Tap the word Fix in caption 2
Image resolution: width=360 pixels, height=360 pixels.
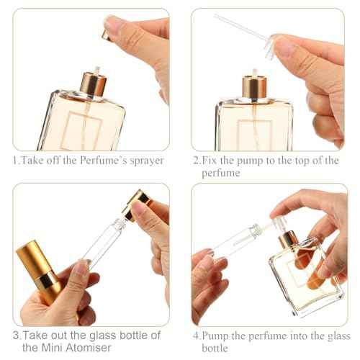point(213,161)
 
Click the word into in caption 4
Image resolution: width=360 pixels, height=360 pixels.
point(298,335)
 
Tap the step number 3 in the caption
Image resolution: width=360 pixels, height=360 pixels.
point(14,335)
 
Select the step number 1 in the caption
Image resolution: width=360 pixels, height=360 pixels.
point(14,161)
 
